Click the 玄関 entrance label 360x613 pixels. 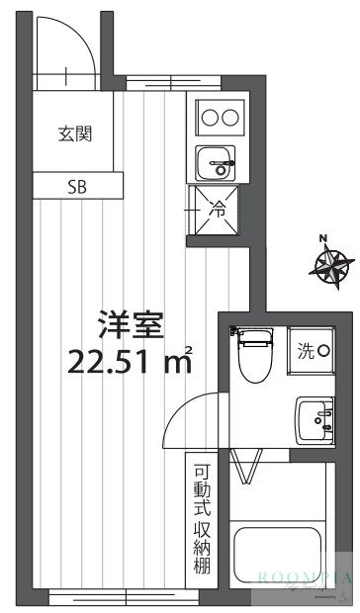[74, 133]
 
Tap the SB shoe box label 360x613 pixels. [76, 186]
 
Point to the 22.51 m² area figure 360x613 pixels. [129, 363]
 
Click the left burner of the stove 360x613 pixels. [209, 118]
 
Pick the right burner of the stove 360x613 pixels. [232, 118]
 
